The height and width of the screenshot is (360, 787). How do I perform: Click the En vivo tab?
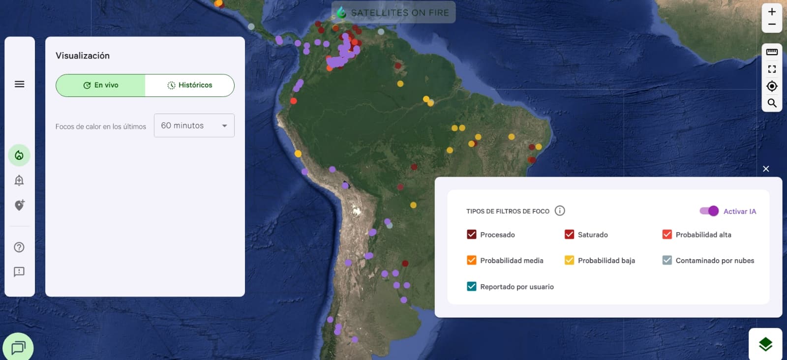(x=101, y=85)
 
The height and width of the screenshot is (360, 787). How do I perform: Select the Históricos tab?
(x=189, y=85)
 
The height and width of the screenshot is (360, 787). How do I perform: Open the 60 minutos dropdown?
(x=194, y=125)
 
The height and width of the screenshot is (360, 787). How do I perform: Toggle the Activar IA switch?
(x=709, y=211)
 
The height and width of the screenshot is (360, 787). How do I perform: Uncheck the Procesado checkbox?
(x=471, y=235)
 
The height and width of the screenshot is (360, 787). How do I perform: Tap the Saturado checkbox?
(x=569, y=235)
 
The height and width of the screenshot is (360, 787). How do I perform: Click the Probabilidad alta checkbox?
(x=667, y=235)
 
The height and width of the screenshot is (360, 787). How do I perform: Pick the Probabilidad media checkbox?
(x=471, y=260)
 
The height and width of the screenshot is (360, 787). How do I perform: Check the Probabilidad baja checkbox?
(x=569, y=260)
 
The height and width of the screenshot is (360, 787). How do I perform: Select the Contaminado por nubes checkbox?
(x=667, y=260)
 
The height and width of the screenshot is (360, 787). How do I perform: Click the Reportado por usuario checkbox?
(x=471, y=286)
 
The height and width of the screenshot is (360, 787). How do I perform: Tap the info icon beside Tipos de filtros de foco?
(x=560, y=210)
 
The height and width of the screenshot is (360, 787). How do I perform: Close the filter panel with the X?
(x=766, y=169)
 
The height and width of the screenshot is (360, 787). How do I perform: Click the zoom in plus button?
(x=772, y=12)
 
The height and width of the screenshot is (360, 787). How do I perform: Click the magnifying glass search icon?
(x=772, y=103)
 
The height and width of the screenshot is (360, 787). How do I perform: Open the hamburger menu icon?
(x=20, y=84)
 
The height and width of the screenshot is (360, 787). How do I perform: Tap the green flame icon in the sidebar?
(x=19, y=155)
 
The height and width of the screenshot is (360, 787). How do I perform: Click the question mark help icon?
(x=19, y=247)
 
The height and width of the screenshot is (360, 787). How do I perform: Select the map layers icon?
(x=765, y=344)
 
